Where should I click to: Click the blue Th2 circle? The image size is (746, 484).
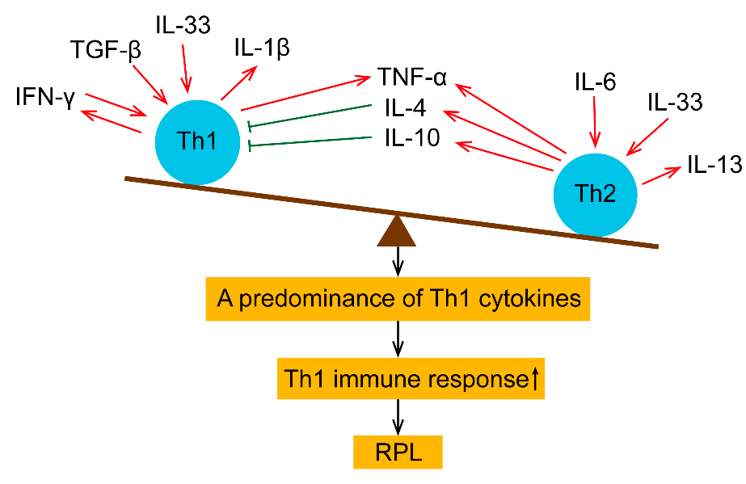(595, 194)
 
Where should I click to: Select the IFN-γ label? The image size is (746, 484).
(44, 99)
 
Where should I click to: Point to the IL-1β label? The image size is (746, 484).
(261, 48)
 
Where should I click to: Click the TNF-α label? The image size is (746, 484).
(411, 78)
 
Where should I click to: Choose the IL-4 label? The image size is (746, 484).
(411, 109)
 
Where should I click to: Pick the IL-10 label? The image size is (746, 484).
(411, 139)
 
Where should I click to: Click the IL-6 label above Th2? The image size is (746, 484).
(595, 81)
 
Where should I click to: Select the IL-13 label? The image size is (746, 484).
(714, 165)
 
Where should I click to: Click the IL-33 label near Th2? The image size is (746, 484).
(675, 103)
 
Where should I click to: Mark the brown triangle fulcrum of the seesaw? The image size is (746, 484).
(397, 231)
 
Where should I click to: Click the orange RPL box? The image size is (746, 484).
(398, 451)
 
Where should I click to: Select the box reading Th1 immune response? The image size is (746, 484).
(411, 378)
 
